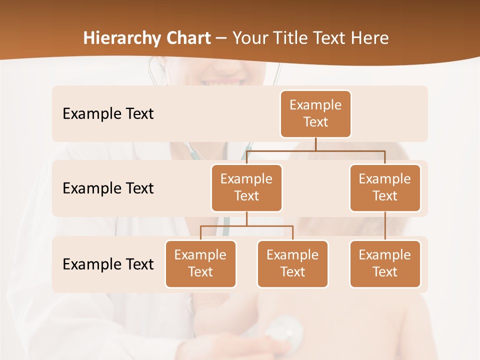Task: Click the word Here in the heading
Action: click(x=370, y=38)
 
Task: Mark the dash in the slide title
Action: click(x=221, y=38)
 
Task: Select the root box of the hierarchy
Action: click(x=315, y=113)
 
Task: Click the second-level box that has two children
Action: click(x=246, y=187)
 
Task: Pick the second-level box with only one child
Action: click(x=385, y=187)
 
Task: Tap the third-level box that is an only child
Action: click(x=385, y=263)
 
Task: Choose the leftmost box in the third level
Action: click(x=200, y=263)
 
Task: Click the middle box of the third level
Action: click(x=292, y=263)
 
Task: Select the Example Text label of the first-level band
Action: click(x=108, y=114)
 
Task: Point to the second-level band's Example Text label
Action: click(x=108, y=188)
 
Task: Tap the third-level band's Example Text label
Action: click(x=108, y=264)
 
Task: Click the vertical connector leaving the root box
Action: click(x=315, y=144)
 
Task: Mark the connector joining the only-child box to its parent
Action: click(x=385, y=226)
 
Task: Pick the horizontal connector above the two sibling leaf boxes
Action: click(x=246, y=226)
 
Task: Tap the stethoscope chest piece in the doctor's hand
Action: click(x=284, y=332)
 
